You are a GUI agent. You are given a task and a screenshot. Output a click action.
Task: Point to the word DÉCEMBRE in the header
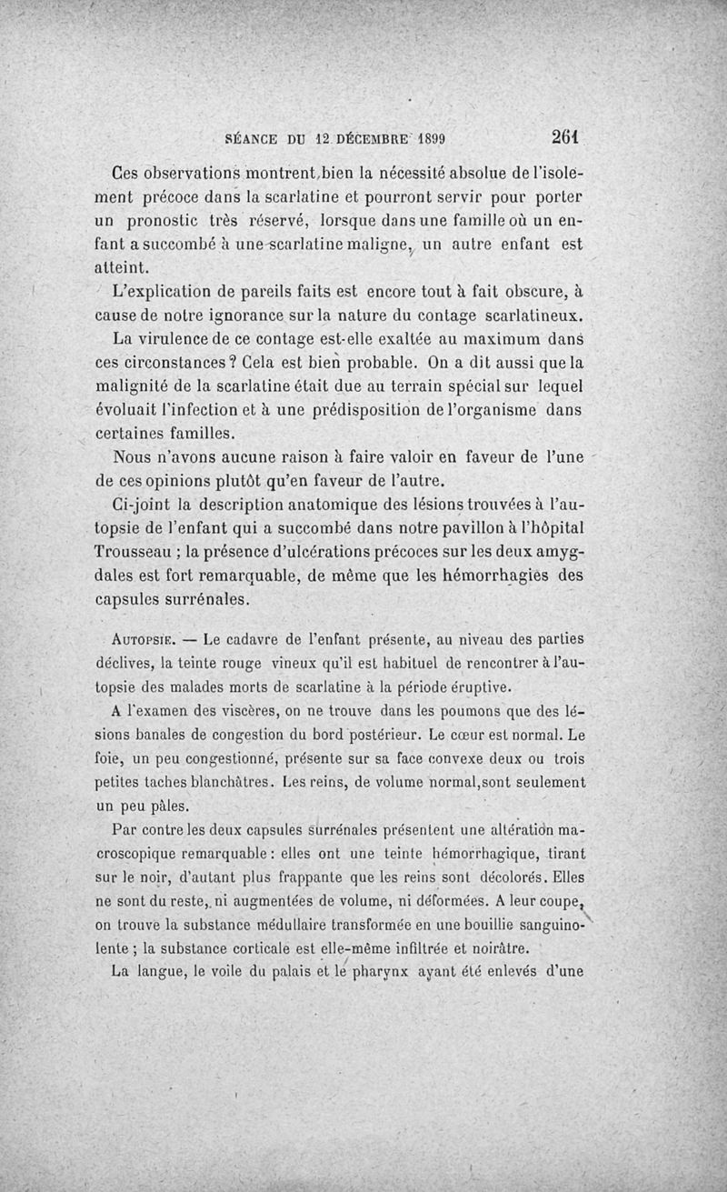(x=367, y=139)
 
